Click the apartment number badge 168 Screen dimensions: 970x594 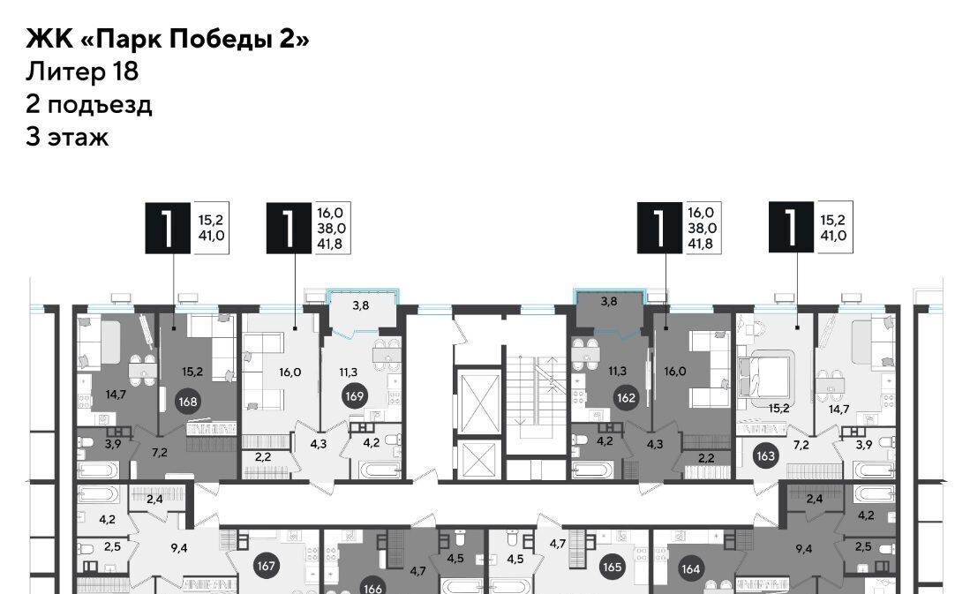click(188, 402)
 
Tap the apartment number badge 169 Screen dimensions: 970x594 click(355, 395)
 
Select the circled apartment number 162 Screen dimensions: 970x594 click(626, 397)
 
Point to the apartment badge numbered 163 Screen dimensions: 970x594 click(766, 456)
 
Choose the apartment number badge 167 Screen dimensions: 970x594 click(266, 566)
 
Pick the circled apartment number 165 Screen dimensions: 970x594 click(613, 567)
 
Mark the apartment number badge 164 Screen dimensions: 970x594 click(691, 568)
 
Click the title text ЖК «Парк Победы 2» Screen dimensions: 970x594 click(168, 39)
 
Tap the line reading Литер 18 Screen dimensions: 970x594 click(82, 71)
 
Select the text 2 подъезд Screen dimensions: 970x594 click(88, 104)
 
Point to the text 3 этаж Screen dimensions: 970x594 click(67, 137)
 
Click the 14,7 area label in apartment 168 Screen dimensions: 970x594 click(116, 395)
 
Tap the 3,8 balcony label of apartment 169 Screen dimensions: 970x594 click(361, 305)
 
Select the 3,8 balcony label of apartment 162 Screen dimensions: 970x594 click(609, 301)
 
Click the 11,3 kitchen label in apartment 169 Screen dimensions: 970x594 click(349, 372)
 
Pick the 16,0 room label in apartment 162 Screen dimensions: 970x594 click(675, 372)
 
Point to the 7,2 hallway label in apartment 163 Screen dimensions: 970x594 click(801, 444)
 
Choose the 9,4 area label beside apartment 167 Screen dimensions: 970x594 click(179, 547)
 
